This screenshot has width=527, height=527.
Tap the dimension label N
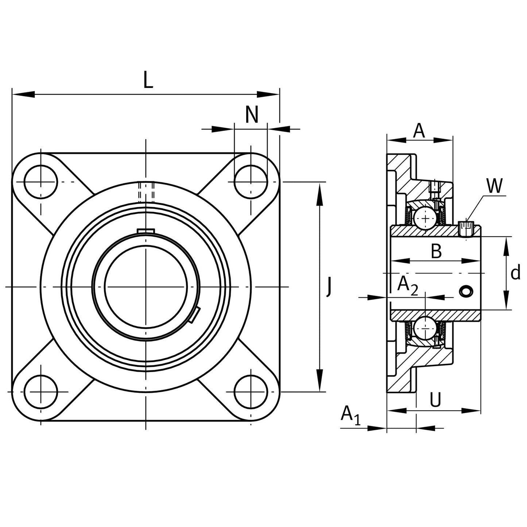(x=252, y=115)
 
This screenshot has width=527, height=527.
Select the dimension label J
(x=329, y=287)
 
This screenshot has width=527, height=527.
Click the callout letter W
(x=495, y=186)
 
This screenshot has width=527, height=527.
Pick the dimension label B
(x=436, y=251)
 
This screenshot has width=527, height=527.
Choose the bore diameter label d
(x=515, y=272)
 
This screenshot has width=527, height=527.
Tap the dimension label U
(x=435, y=400)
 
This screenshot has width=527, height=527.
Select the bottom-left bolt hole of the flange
(x=41, y=392)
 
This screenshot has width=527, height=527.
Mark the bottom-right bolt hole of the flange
(x=251, y=392)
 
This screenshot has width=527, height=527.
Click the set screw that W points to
(x=466, y=229)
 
